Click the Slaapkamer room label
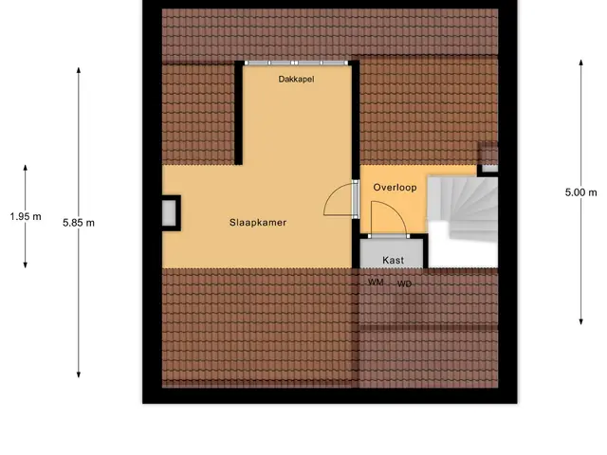[x=258, y=223]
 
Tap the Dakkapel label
[x=296, y=80]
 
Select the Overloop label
[x=395, y=188]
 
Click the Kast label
[x=393, y=260]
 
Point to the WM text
[x=376, y=282]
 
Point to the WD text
[x=404, y=284]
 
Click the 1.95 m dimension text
[x=26, y=217]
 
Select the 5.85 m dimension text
[x=79, y=223]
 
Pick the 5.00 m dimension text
[x=580, y=192]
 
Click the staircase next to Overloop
[x=463, y=222]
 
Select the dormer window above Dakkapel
[x=296, y=63]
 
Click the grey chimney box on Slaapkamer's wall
[x=169, y=213]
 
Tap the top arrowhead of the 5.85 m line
[x=79, y=70]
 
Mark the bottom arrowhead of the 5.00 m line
[x=581, y=321]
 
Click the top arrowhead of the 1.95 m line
[x=26, y=168]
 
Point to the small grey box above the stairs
[x=489, y=169]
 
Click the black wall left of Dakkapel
[x=239, y=113]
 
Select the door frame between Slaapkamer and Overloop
[x=356, y=199]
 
